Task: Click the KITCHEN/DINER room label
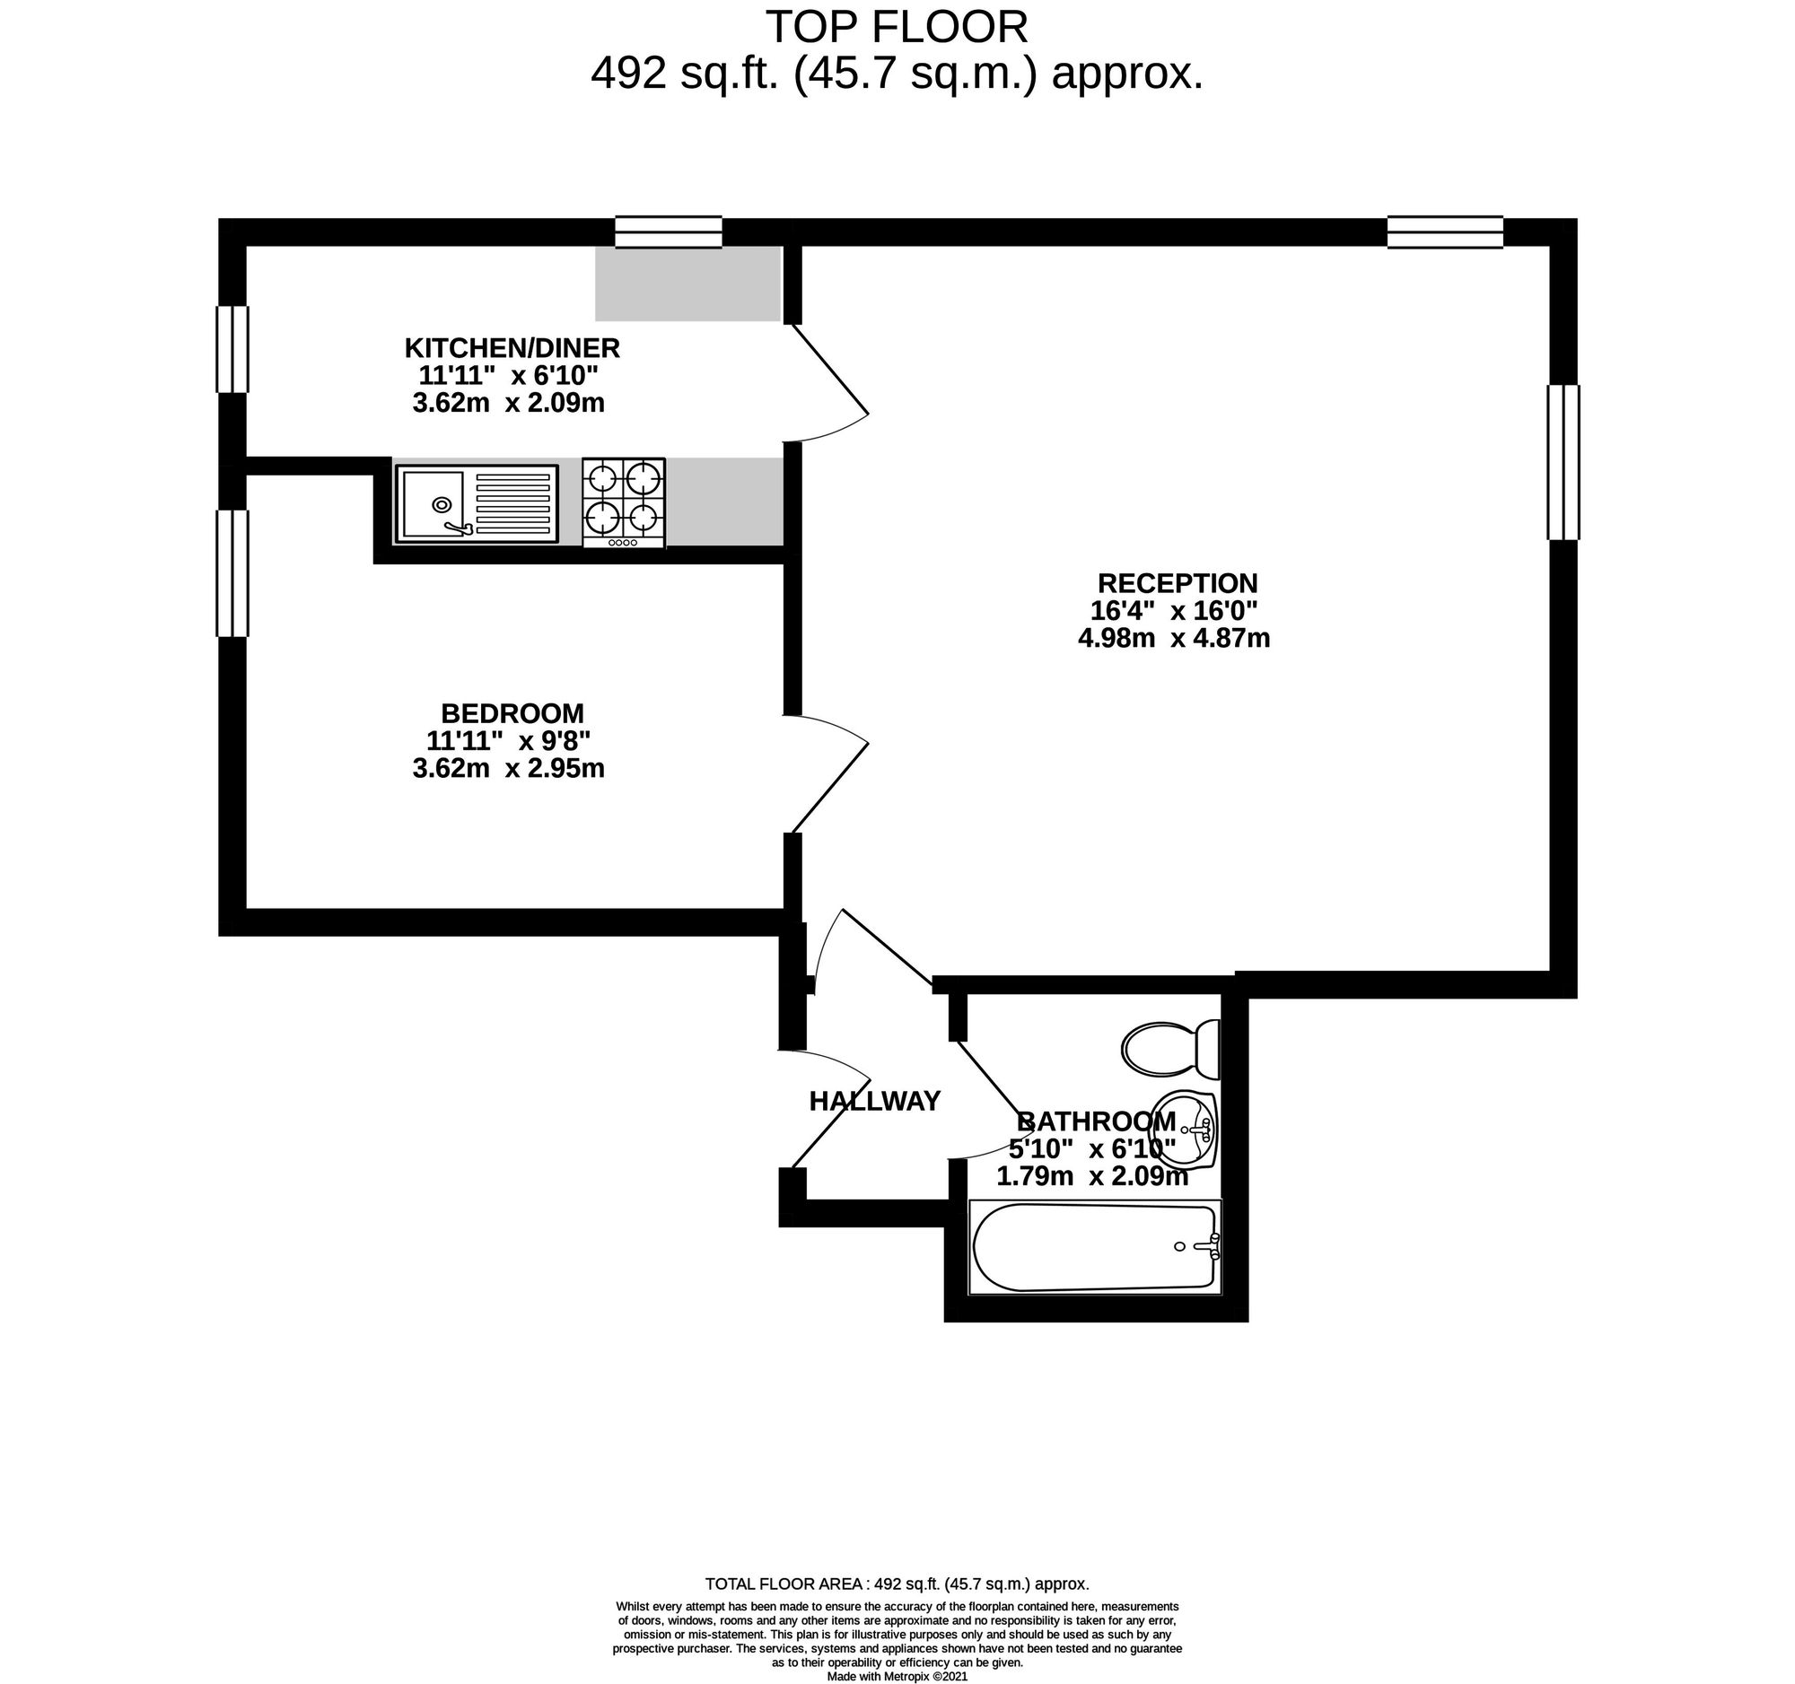(512, 347)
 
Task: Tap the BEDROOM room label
(512, 713)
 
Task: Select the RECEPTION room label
(1178, 582)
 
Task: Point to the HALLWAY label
(874, 1101)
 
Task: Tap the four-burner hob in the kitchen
(624, 502)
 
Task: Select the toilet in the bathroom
(1171, 1049)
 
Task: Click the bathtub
(1094, 1247)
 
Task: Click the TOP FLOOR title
(897, 27)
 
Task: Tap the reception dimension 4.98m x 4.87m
(1174, 638)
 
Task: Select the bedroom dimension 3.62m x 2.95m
(508, 768)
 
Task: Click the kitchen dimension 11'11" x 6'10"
(508, 374)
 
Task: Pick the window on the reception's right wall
(1563, 462)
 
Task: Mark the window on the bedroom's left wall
(232, 573)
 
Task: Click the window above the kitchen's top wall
(668, 232)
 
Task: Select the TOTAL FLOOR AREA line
(897, 1584)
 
